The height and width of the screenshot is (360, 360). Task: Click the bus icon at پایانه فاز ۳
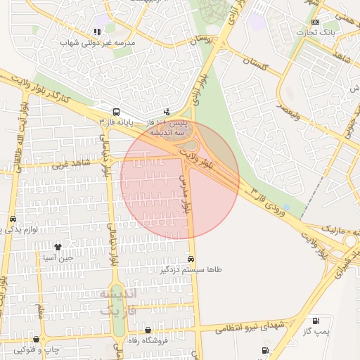coord(115,111)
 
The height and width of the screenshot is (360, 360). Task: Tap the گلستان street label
coord(255,65)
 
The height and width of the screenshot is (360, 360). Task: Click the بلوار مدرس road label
coord(186,194)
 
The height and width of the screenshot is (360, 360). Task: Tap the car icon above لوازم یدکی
coord(13,219)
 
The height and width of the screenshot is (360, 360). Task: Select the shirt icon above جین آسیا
coord(58,247)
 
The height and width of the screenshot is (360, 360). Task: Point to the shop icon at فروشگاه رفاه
coord(148,330)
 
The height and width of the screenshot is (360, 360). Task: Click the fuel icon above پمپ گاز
coord(314,320)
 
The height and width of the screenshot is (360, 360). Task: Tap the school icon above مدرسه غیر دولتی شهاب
coord(97,32)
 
